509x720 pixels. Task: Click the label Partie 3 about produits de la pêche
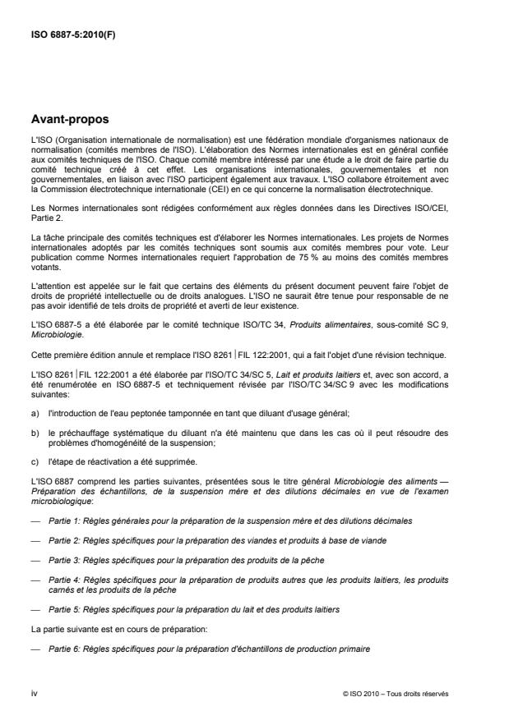click(64, 558)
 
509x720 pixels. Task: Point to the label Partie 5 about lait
click(64, 612)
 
